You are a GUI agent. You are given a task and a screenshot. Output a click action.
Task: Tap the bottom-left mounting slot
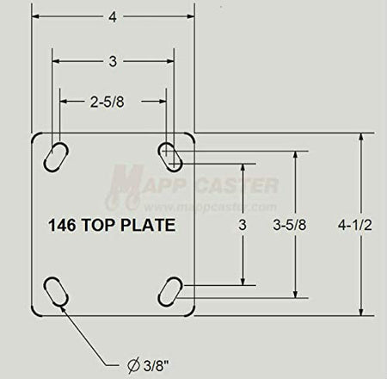pos(57,290)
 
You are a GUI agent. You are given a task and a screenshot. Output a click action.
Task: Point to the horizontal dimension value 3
pos(114,61)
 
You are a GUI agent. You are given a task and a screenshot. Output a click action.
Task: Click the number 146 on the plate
pos(62,226)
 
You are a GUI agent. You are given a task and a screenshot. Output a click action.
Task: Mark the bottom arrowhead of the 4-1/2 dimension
pos(362,313)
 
